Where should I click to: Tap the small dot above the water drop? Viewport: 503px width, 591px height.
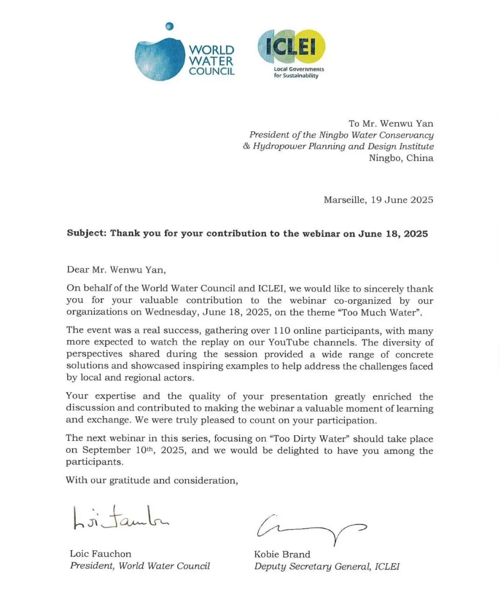170,27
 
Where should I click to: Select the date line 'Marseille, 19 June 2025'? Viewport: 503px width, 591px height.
378,200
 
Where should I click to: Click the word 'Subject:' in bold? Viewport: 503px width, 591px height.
86,233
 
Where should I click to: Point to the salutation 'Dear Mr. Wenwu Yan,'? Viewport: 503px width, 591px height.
116,269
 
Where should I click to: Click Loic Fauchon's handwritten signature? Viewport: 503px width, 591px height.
120,519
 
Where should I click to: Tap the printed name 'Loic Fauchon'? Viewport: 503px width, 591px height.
101,554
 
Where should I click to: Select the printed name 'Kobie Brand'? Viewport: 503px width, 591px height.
282,554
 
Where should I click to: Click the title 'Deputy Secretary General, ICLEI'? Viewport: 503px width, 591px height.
326,566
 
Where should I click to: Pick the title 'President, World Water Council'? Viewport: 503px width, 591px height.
140,566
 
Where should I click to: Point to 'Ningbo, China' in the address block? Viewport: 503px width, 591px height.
401,158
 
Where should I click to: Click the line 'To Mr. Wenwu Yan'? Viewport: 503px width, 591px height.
391,124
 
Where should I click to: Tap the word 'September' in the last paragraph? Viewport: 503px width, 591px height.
107,450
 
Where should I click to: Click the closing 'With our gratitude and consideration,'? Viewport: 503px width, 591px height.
152,480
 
